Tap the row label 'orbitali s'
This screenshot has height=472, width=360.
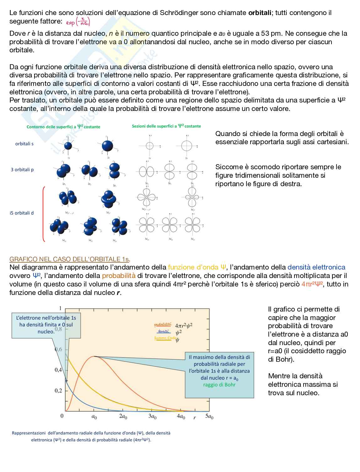[x=24, y=144]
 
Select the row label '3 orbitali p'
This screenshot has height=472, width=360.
[x=22, y=170]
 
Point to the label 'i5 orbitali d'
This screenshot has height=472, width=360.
[x=22, y=213]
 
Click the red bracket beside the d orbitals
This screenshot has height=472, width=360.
[x=44, y=214]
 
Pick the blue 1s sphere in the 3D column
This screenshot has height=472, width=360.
[x=68, y=145]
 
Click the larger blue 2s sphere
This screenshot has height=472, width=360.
[x=107, y=146]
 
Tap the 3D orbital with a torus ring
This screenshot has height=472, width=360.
[x=109, y=198]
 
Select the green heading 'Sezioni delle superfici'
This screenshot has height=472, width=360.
[x=166, y=126]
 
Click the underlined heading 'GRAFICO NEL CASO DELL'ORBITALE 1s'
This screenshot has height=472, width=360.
[x=70, y=259]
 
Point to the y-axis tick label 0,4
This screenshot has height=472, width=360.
[x=58, y=370]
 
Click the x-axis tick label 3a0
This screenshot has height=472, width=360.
[x=152, y=417]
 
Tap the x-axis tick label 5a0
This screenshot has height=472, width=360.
[x=209, y=417]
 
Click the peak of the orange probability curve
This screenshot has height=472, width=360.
[x=94, y=356]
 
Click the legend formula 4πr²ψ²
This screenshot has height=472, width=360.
[x=183, y=325]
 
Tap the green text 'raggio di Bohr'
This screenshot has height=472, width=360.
[x=219, y=385]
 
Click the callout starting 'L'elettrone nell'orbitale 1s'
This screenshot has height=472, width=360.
[x=46, y=325]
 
